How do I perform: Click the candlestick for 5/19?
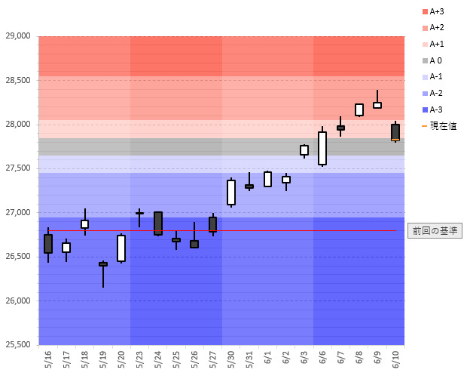point(103,264)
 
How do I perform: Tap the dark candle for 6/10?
point(395,132)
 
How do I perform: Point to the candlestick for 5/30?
point(231,193)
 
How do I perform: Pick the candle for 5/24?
point(158,223)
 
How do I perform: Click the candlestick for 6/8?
point(359,109)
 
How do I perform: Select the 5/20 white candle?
point(121,248)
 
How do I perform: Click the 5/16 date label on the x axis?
point(49,359)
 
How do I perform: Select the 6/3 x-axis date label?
point(304,359)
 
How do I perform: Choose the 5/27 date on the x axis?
point(213,359)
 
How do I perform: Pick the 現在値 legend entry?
point(443,126)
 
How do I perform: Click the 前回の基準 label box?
point(434,231)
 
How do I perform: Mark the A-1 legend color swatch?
point(425,77)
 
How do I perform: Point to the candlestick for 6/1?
point(267,179)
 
